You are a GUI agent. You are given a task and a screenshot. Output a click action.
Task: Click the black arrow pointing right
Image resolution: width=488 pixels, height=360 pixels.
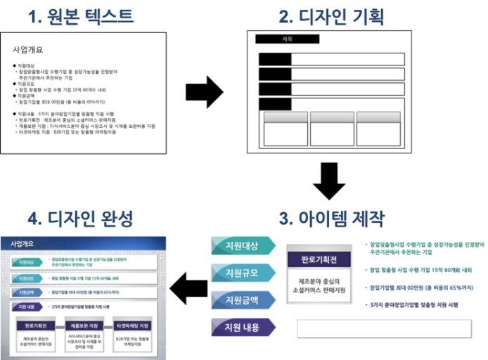coord(204,91)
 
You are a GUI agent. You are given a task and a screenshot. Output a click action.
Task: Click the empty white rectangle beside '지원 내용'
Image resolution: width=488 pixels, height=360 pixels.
coord(383,328)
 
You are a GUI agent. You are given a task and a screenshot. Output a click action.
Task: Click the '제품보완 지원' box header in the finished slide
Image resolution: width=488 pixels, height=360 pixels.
coord(84,326)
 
